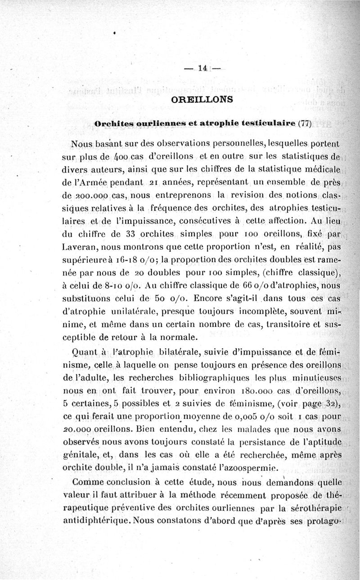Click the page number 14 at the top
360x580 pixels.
click(x=201, y=69)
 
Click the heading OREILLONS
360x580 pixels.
click(x=202, y=99)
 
